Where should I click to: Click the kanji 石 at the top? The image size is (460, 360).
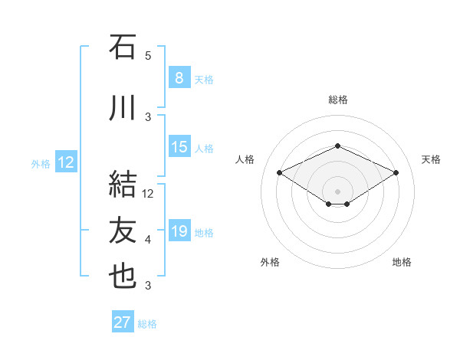pyautogui.click(x=123, y=47)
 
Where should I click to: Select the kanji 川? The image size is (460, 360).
pyautogui.click(x=123, y=109)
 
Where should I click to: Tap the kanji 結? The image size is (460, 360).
pyautogui.click(x=123, y=183)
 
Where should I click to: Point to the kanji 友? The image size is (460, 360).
pyautogui.click(x=123, y=230)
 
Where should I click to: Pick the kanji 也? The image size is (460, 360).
pyautogui.click(x=123, y=277)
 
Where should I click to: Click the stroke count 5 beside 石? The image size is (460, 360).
pyautogui.click(x=148, y=56)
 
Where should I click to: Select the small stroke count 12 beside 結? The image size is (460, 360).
pyautogui.click(x=148, y=194)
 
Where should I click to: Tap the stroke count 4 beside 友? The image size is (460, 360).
pyautogui.click(x=148, y=240)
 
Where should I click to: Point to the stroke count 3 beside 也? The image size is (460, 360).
pyautogui.click(x=148, y=286)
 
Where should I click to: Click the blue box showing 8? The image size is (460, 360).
pyautogui.click(x=179, y=78)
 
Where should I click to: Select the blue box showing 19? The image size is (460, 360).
pyautogui.click(x=179, y=231)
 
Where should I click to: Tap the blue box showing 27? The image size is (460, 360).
pyautogui.click(x=123, y=322)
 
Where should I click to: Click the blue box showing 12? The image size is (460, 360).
pyautogui.click(x=66, y=162)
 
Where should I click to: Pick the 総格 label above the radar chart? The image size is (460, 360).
pyautogui.click(x=337, y=100)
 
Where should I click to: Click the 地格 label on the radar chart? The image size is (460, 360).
pyautogui.click(x=402, y=262)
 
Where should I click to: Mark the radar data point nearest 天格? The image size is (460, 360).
pyautogui.click(x=396, y=173)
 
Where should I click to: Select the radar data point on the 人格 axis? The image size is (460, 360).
pyautogui.click(x=279, y=173)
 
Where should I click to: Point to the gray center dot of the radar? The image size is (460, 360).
pyautogui.click(x=337, y=190)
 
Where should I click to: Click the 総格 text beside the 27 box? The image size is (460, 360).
pyautogui.click(x=147, y=324)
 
